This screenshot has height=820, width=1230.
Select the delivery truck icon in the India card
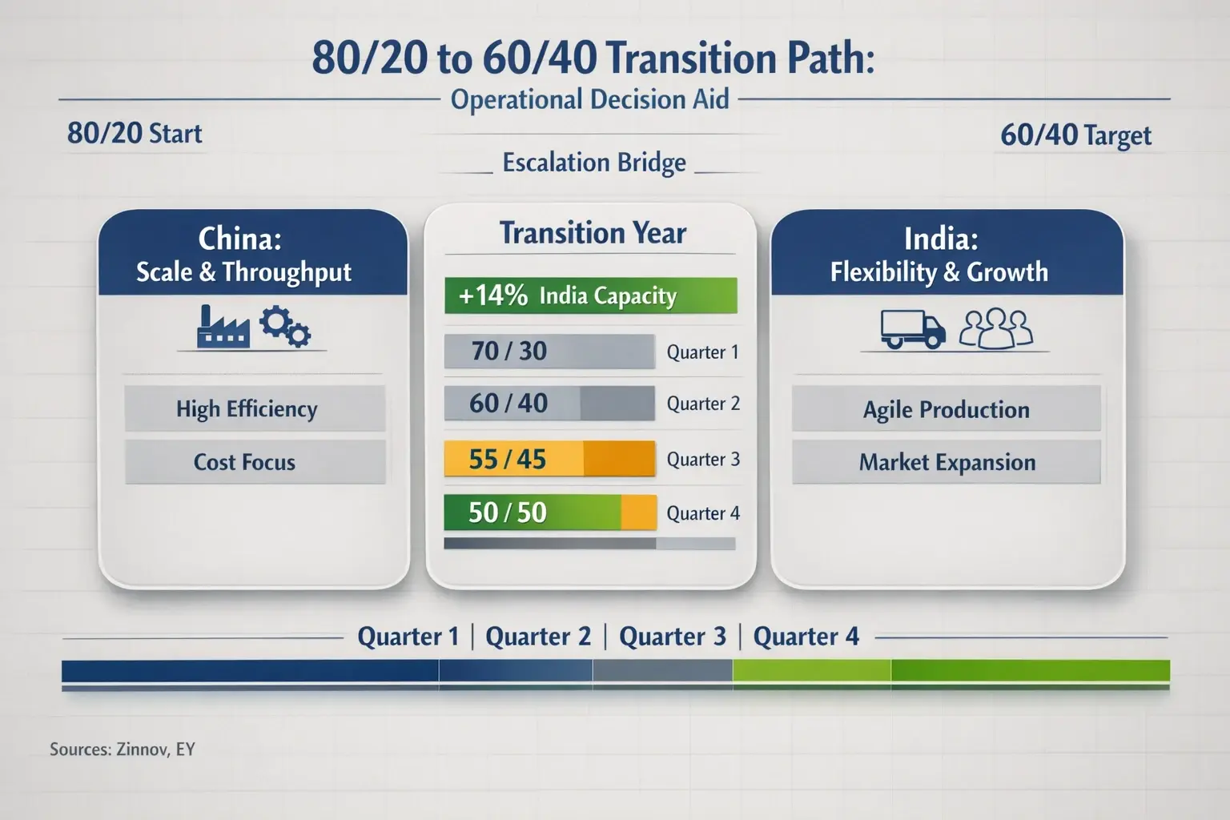(912, 329)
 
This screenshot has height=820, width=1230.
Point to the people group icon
(996, 329)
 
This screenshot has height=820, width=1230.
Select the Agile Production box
(946, 409)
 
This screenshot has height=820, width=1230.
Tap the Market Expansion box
(946, 462)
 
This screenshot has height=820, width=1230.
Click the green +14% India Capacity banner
(590, 295)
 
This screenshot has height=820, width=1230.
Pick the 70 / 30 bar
(549, 351)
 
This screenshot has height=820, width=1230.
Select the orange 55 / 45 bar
(549, 459)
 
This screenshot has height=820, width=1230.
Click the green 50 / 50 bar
(549, 512)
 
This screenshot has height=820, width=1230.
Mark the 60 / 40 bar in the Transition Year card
(549, 404)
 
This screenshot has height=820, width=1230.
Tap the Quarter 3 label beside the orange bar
(703, 460)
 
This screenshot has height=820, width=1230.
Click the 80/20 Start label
(135, 134)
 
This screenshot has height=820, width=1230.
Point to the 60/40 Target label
(1075, 135)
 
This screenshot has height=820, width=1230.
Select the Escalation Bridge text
(594, 163)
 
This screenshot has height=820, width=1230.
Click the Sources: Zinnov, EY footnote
(123, 750)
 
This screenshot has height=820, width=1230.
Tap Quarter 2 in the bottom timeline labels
(538, 637)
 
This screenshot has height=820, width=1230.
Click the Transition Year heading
(593, 233)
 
